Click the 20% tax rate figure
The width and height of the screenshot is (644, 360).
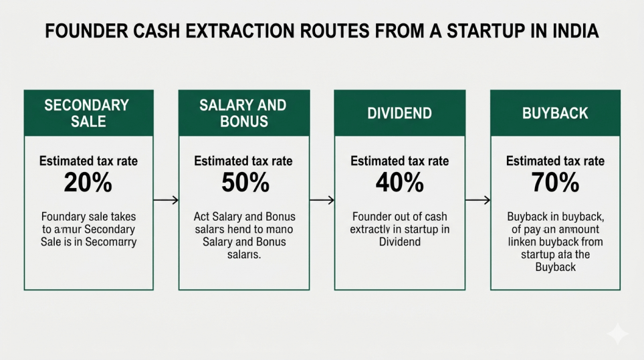88,183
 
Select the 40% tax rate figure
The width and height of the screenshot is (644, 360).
399,183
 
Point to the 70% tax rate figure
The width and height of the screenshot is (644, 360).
555,183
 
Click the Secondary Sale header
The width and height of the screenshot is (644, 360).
88,113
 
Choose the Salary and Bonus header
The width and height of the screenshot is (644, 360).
243,113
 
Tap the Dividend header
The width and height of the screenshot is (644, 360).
399,113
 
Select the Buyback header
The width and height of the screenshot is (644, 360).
555,113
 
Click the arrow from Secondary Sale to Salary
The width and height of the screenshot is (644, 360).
166,199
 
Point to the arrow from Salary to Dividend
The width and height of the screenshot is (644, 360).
322,199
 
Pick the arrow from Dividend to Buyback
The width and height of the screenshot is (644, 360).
477,199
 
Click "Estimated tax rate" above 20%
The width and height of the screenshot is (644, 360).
88,161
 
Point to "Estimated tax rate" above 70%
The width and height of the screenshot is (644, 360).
555,161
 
